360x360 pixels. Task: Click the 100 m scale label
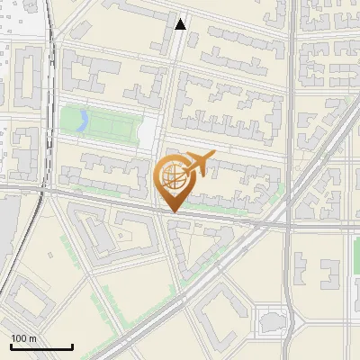pos(24,338)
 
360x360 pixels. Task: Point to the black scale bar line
pos(41,347)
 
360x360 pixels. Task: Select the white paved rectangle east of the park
pos(147,136)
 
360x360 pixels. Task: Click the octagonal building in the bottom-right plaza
pos(270,321)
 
